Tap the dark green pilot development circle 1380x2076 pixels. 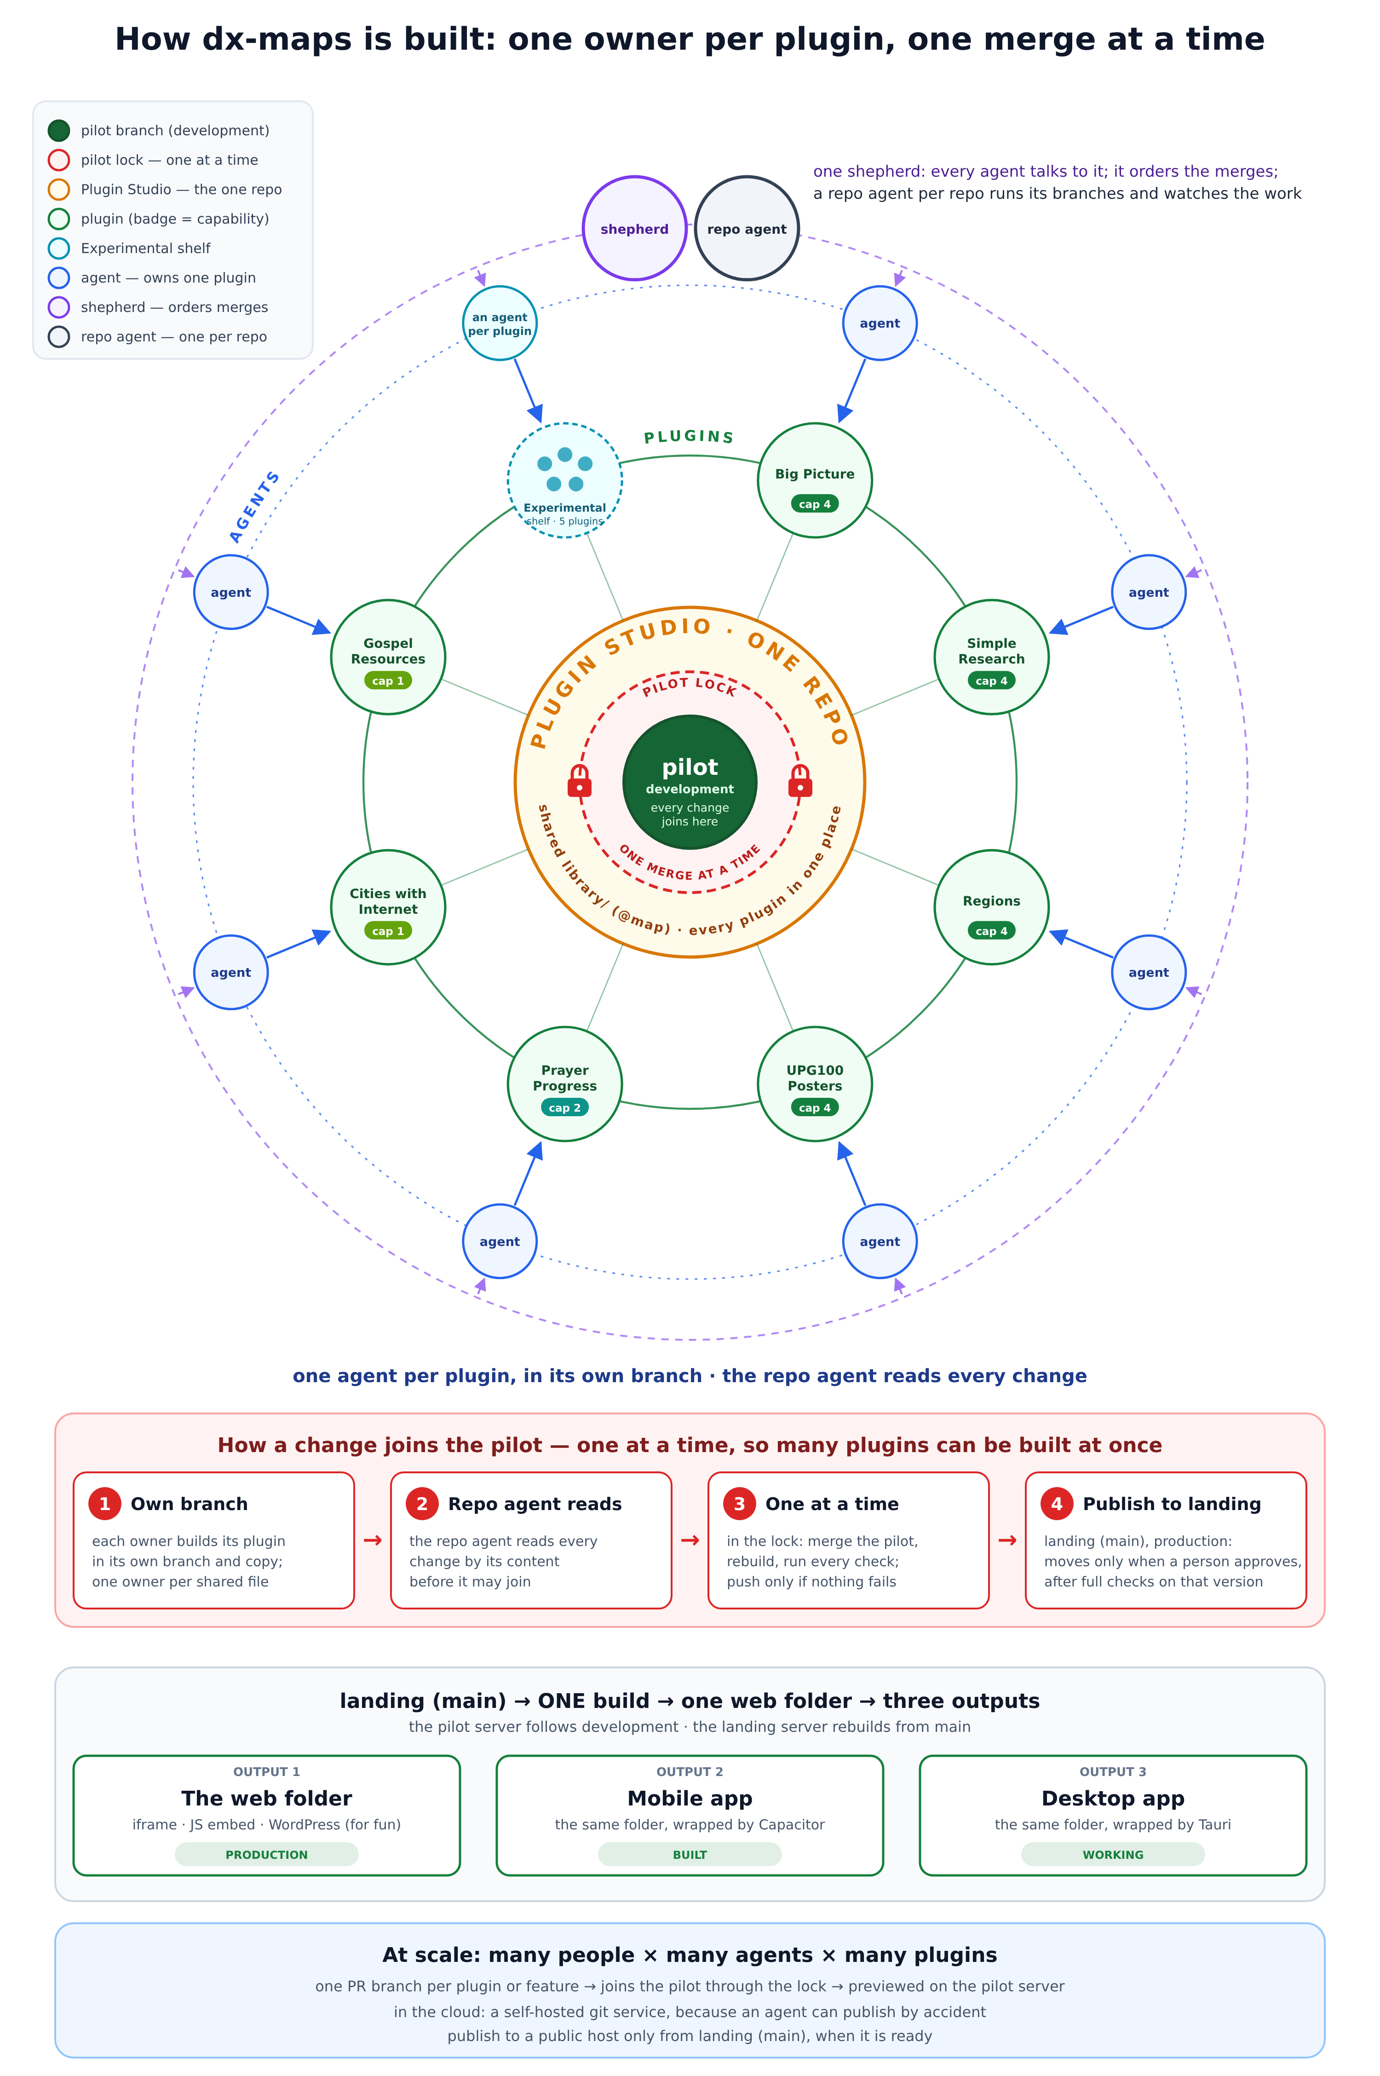pyautogui.click(x=690, y=782)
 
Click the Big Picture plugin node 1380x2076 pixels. pyautogui.click(x=815, y=480)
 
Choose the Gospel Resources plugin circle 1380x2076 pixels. pyautogui.click(x=388, y=657)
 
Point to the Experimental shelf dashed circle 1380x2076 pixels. pyautogui.click(x=565, y=480)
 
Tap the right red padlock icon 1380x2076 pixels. pyautogui.click(x=800, y=781)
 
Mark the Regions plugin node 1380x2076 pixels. pyautogui.click(x=992, y=907)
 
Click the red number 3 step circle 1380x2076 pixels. pyautogui.click(x=739, y=1504)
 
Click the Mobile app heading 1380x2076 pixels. pyautogui.click(x=690, y=1798)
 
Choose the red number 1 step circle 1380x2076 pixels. pyautogui.click(x=105, y=1504)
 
